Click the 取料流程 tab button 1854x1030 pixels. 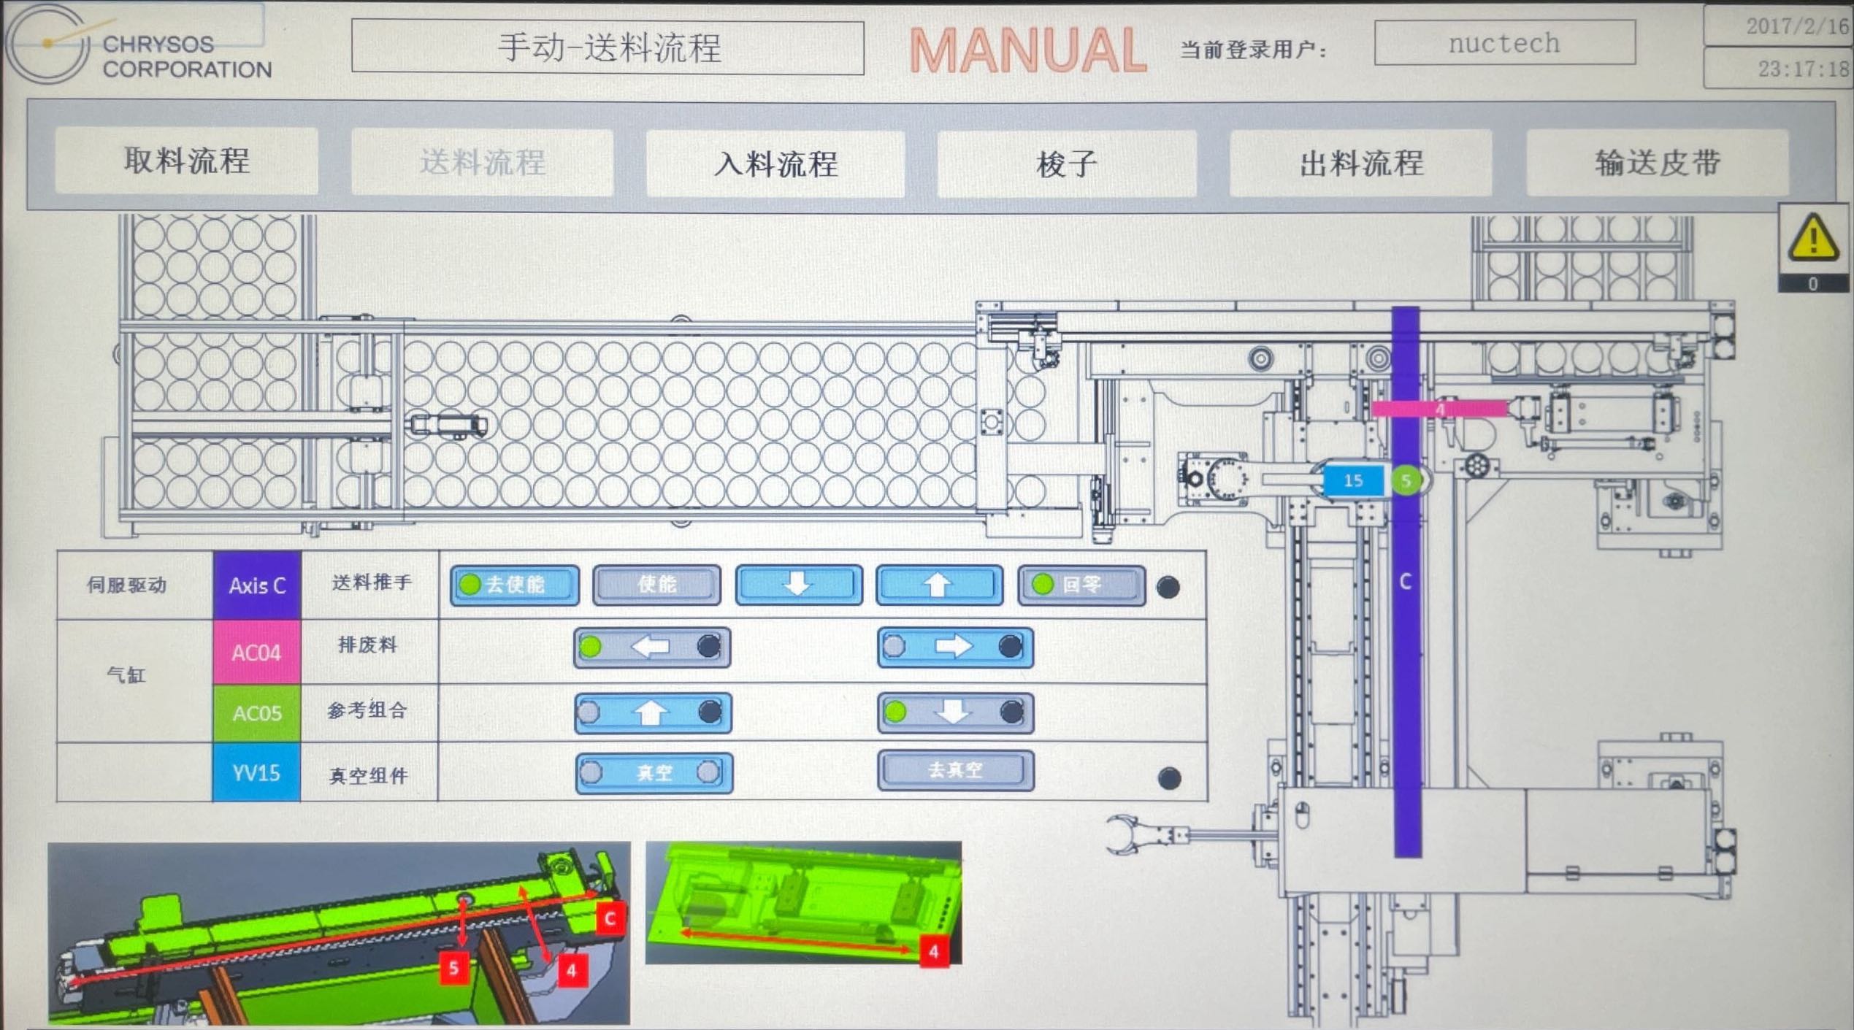click(186, 161)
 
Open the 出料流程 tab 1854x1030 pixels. click(1360, 163)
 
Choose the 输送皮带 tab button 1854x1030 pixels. click(1657, 163)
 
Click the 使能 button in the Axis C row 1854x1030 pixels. click(656, 585)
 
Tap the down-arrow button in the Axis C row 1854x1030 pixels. click(798, 585)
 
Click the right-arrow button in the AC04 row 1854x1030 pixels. click(954, 647)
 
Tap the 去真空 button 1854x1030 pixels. click(955, 770)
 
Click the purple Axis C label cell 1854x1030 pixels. click(257, 585)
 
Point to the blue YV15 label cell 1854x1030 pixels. click(256, 773)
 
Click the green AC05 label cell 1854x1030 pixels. click(256, 713)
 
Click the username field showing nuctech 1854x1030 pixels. click(1504, 44)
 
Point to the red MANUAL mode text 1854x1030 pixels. click(1027, 50)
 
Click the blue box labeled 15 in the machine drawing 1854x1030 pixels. click(1353, 480)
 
